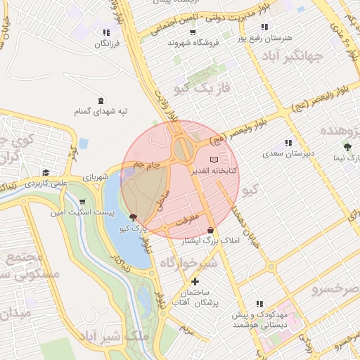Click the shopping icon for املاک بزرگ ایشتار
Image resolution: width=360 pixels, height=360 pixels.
point(211,230)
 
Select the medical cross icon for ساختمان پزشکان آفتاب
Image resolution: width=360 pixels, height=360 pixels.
point(195,281)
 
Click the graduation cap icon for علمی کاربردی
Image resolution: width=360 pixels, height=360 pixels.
point(46,172)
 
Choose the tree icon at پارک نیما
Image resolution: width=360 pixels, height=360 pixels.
point(348,147)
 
